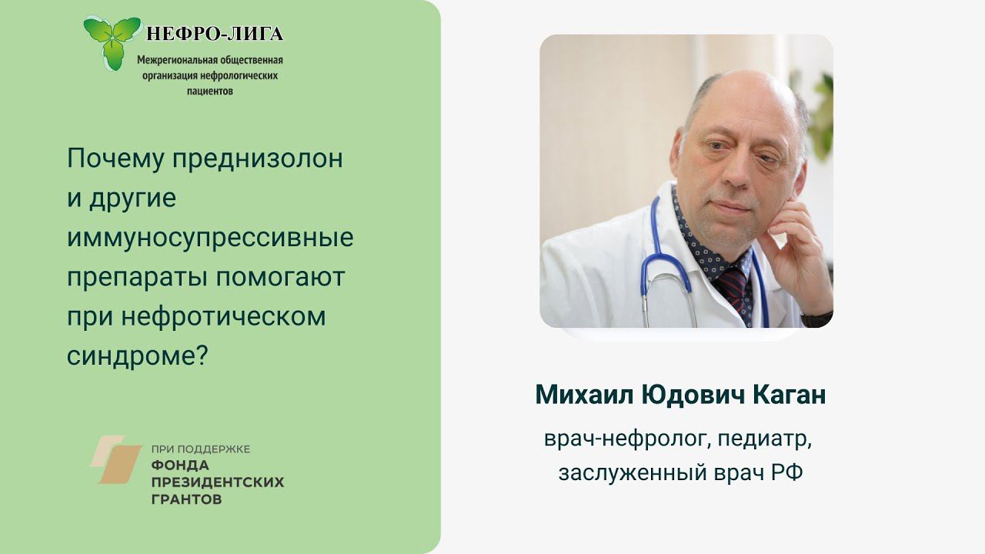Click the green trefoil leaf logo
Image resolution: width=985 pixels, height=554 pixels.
coord(112,40)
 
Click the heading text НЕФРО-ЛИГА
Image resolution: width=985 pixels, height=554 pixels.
coord(215,34)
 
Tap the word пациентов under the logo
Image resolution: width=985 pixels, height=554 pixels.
coord(210,91)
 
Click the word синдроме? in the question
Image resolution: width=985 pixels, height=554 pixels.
coord(138,356)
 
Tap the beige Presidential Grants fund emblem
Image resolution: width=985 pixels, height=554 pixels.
coord(115,459)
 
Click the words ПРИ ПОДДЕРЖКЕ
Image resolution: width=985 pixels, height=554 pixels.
coord(200,449)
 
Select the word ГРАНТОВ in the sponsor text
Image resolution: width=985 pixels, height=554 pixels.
coord(187,499)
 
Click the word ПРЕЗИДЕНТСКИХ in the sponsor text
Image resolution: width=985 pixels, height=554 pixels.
coord(218,482)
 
